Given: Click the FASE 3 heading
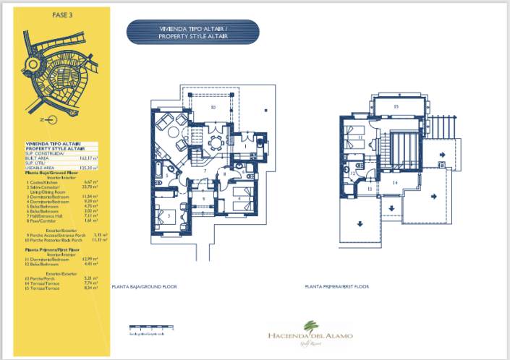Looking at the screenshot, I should point(62,14).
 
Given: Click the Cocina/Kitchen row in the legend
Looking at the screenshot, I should point(43,182).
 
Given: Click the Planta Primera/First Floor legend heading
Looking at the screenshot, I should point(54,249).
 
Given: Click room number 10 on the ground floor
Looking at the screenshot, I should point(213,107).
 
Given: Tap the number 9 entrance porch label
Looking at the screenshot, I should point(204,199).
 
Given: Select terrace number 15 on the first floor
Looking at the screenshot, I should point(396,107).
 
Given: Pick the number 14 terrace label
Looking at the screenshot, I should point(395,183).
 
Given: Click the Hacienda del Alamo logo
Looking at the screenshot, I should point(310,333).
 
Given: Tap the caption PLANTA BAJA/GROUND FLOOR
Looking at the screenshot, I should point(144,287).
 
